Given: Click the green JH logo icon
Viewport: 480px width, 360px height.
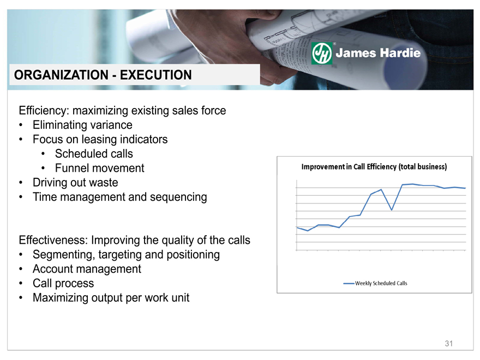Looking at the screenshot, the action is tap(321, 53).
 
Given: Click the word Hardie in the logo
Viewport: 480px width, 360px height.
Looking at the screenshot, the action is tap(400, 53).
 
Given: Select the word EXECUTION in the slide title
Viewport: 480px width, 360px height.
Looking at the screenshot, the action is tap(156, 75).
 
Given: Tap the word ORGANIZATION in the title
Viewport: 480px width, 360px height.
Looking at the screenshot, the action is tap(61, 75).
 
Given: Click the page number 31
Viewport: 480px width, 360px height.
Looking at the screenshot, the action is tap(449, 344).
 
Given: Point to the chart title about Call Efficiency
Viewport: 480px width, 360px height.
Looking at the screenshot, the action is tap(374, 167).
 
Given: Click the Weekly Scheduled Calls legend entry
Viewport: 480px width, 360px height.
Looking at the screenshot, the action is tap(375, 284).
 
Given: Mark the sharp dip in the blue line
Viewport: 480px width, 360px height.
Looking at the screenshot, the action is tap(392, 210).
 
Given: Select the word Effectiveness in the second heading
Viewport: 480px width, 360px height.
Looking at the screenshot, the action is tap(53, 241).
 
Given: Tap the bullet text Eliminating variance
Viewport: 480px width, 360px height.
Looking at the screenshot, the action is tap(83, 125).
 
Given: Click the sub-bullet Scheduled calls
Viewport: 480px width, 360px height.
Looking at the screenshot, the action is tap(94, 154).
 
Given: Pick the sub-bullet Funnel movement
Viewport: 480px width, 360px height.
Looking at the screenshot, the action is tap(99, 168).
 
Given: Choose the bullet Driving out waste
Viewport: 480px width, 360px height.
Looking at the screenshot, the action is tap(75, 182).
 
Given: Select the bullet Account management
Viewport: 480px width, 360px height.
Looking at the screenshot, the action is tap(87, 269).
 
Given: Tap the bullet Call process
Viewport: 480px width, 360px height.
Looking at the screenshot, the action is tap(63, 284).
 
